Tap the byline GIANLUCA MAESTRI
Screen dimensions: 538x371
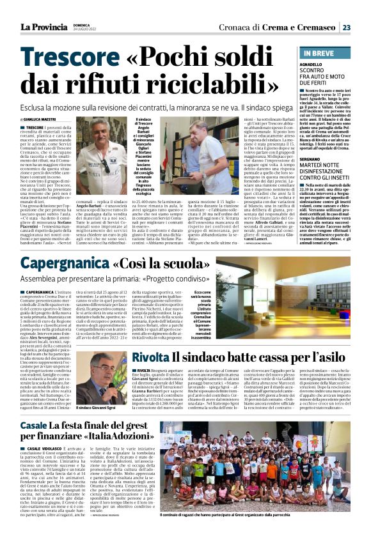39,119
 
